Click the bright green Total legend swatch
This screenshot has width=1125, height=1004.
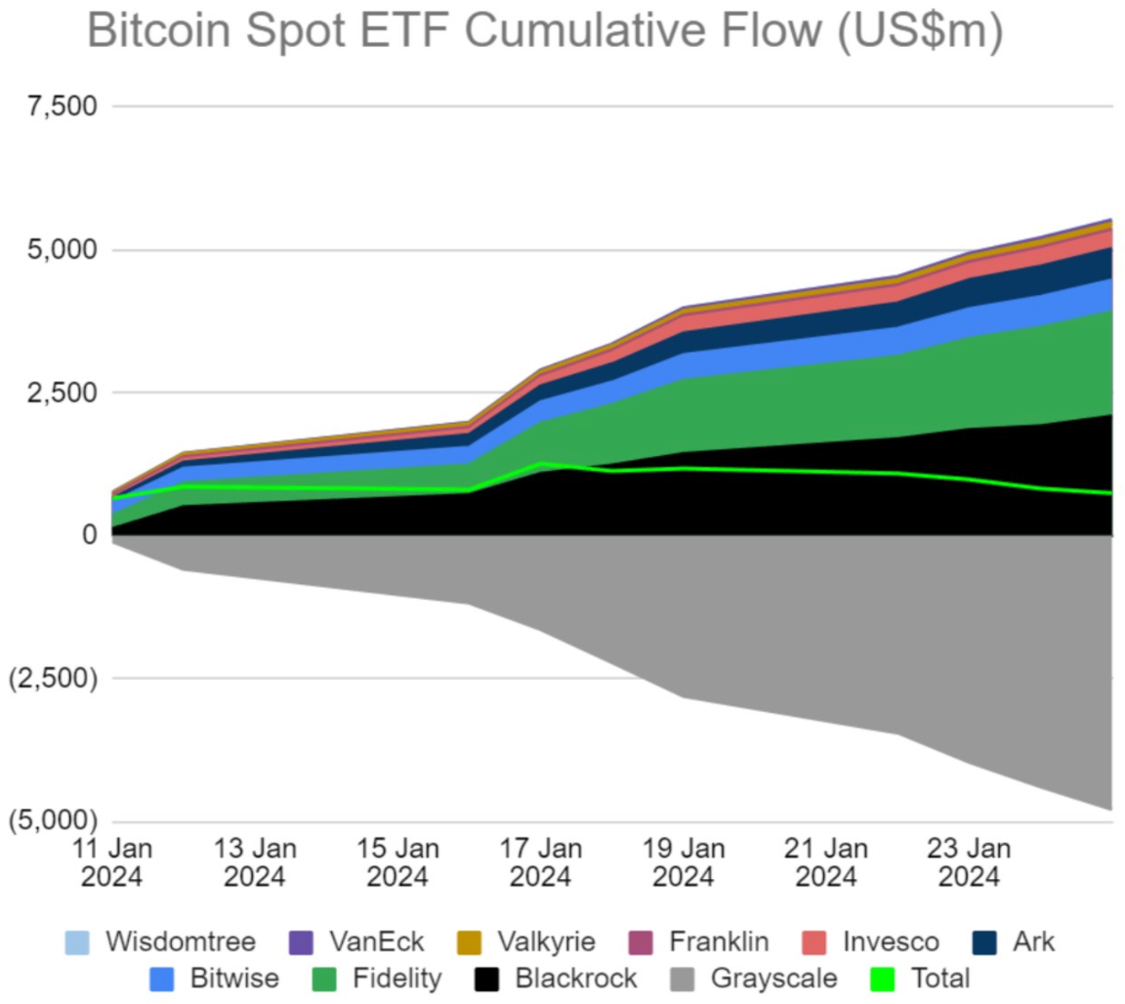coord(881,978)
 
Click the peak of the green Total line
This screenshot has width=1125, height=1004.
coord(541,464)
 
